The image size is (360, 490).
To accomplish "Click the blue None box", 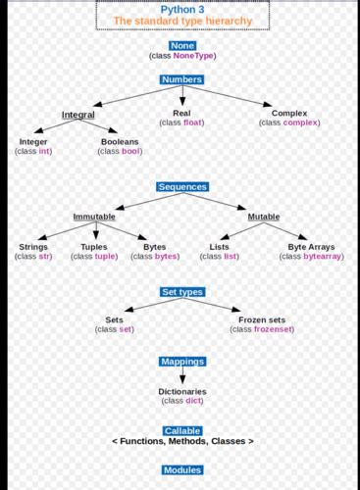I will tap(181, 45).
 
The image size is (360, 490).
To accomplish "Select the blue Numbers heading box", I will tap(181, 79).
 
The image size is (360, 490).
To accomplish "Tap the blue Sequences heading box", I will tap(181, 186).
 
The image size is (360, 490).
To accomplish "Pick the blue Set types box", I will tap(181, 292).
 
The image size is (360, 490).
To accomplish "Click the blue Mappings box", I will tap(181, 362).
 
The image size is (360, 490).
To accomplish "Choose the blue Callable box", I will tap(182, 430).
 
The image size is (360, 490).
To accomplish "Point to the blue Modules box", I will tap(181, 470).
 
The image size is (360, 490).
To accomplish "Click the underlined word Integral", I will tap(78, 115).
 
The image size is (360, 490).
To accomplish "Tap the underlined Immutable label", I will tap(94, 217).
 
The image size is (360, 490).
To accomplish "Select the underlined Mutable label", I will tap(263, 217).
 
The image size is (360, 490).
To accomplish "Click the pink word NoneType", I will tap(192, 56).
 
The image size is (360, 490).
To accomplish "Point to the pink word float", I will tap(193, 122).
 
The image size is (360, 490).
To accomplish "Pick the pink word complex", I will tap(301, 122).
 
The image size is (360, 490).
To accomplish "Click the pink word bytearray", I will tap(323, 256).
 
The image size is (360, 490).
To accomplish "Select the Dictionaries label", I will tap(182, 391).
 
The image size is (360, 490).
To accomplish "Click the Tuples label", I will tap(94, 247).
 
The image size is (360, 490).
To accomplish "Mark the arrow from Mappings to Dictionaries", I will tap(181, 376).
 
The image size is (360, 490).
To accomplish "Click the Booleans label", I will tap(120, 142).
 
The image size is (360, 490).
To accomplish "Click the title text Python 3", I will tap(181, 8).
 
